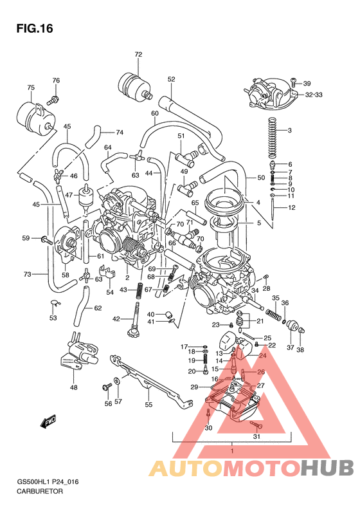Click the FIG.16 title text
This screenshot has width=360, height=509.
[33, 29]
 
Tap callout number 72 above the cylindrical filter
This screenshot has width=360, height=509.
[138, 55]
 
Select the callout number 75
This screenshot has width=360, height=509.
[30, 88]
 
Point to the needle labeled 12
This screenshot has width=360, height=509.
[274, 207]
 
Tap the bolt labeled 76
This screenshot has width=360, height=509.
[53, 100]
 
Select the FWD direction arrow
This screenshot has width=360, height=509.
[50, 422]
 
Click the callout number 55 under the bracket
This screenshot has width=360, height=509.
[148, 405]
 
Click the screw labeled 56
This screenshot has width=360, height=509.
[105, 387]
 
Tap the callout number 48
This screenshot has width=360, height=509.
[74, 387]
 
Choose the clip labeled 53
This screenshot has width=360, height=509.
[55, 304]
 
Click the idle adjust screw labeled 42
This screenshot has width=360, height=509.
[136, 319]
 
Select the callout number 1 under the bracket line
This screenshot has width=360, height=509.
[231, 450]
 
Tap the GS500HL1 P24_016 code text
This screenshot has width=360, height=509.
[52, 481]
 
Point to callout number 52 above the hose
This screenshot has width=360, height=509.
[171, 79]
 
